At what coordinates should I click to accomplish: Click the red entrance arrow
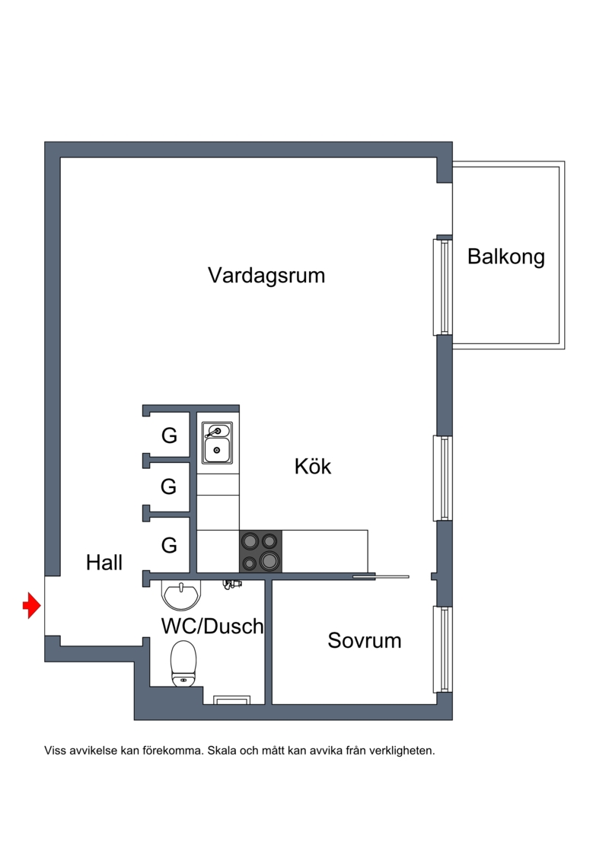[32, 606]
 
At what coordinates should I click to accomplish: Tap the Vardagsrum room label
[266, 275]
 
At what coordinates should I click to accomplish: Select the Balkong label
[505, 257]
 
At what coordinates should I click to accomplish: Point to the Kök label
[312, 466]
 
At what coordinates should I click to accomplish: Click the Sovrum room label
[364, 640]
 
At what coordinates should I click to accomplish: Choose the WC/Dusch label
[212, 626]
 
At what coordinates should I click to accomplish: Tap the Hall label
[104, 563]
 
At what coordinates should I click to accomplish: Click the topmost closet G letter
[169, 435]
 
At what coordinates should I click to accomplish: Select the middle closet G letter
[168, 486]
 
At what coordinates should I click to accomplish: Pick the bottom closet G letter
[169, 545]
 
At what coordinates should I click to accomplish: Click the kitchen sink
[217, 443]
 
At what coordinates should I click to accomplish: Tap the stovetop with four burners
[260, 551]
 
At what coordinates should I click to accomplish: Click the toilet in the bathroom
[183, 664]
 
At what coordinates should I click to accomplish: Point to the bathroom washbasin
[182, 595]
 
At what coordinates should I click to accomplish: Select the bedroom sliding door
[381, 576]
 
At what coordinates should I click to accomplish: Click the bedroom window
[443, 649]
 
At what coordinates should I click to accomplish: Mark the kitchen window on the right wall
[443, 478]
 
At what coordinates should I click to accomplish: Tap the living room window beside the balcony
[442, 287]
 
